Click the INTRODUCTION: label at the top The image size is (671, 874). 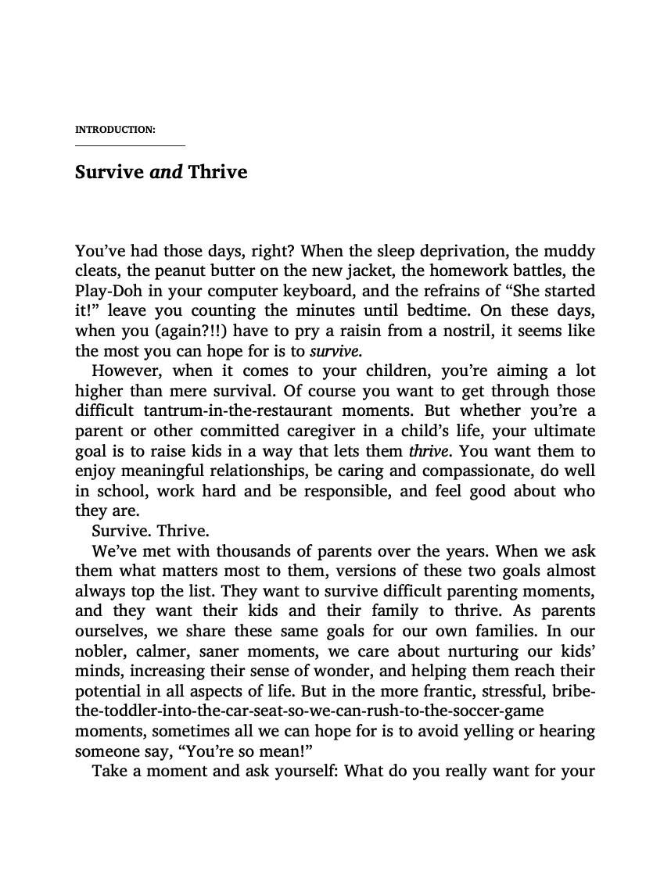(114, 129)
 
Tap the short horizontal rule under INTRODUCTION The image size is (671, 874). (130, 145)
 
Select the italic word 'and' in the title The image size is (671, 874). (165, 171)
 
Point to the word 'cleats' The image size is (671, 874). (95, 271)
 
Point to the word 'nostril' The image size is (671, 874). (450, 331)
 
